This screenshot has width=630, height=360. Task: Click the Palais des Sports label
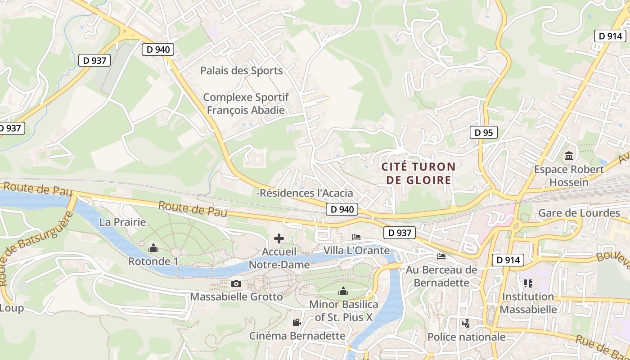(241, 71)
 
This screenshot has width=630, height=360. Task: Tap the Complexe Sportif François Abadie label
(246, 103)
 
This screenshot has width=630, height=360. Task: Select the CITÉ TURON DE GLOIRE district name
(418, 173)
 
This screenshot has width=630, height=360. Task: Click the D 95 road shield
(484, 132)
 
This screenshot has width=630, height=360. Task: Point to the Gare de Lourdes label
(579, 213)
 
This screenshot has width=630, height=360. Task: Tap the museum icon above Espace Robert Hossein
(569, 156)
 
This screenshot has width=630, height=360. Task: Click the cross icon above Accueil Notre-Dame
(279, 238)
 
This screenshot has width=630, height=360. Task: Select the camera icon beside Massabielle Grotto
(236, 283)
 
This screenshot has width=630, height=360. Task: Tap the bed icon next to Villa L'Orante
(356, 237)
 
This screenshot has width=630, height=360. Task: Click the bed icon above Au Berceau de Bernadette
(441, 256)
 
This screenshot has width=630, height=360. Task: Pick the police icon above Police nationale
(466, 323)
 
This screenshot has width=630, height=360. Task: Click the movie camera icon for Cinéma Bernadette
(297, 322)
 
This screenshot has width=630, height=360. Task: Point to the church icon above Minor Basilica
(343, 292)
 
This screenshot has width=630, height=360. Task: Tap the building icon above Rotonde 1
(153, 248)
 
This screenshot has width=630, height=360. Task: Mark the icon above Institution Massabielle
(528, 283)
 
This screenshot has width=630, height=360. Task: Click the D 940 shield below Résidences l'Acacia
(342, 209)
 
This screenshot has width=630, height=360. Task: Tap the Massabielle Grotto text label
(236, 297)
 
